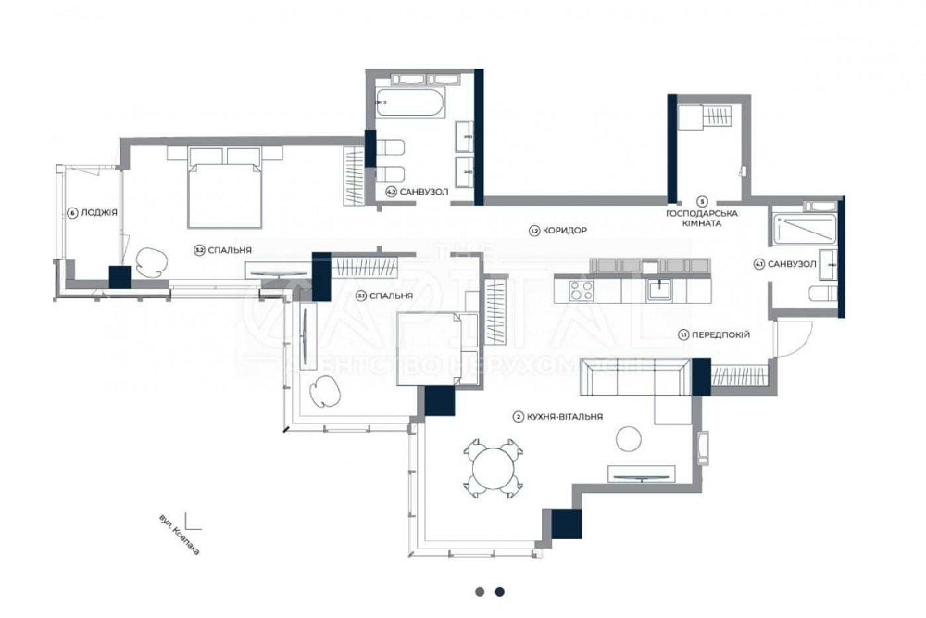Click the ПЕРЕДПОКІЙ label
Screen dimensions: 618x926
[720, 334]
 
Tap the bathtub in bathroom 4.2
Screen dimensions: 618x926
[412, 101]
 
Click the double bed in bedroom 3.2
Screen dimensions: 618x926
[226, 188]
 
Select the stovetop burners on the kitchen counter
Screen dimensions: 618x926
[581, 290]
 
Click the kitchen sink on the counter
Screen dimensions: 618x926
[660, 290]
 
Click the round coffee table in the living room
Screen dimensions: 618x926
[630, 436]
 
